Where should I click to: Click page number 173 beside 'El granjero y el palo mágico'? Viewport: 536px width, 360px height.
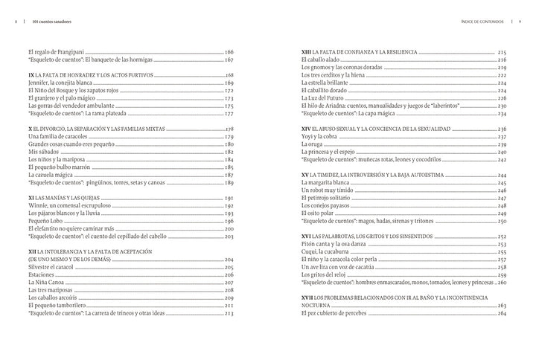pyautogui.click(x=229, y=99)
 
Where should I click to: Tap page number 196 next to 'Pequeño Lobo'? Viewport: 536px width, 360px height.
pyautogui.click(x=229, y=222)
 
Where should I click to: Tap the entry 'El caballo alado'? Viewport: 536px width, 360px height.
pyautogui.click(x=325, y=60)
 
